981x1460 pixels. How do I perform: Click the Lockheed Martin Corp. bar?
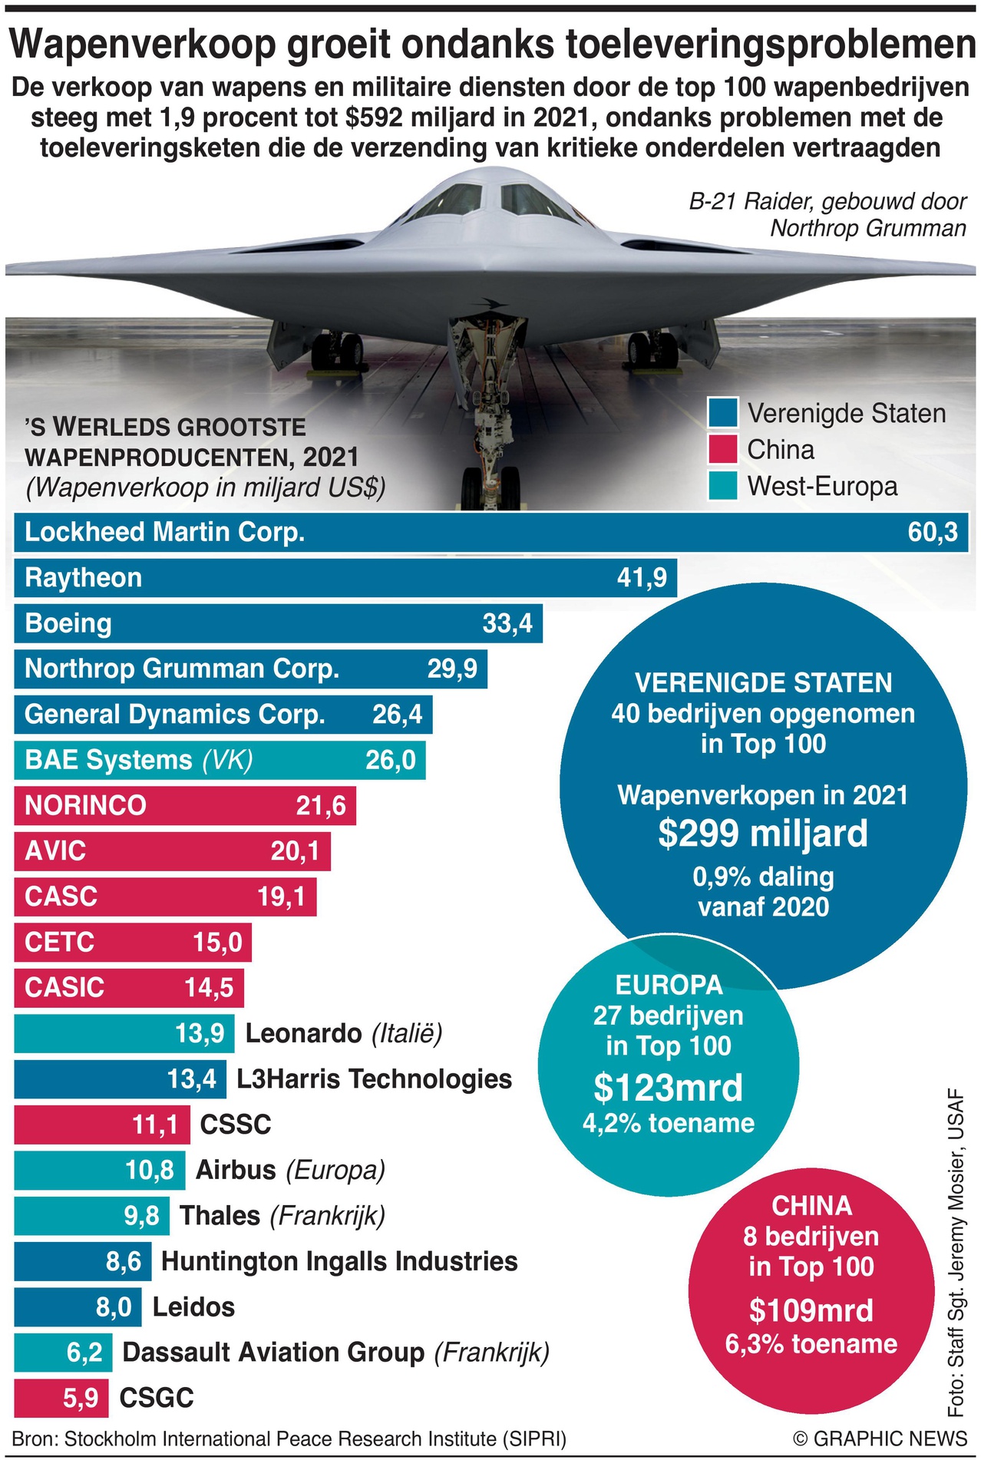(x=491, y=532)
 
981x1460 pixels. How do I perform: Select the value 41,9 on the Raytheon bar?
(x=642, y=577)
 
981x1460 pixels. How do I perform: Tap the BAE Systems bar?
(x=220, y=760)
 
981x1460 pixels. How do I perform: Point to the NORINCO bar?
(x=184, y=805)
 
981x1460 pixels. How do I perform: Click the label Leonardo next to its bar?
(x=303, y=1033)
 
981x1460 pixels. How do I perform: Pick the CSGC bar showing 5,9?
(x=61, y=1398)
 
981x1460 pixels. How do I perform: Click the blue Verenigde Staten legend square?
(x=722, y=412)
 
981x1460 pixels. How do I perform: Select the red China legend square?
(x=722, y=449)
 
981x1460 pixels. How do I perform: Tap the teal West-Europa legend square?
(x=722, y=485)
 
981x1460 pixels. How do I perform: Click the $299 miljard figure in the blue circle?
(x=763, y=834)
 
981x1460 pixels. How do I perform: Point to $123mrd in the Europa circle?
(x=669, y=1088)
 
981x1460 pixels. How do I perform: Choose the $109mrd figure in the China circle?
(x=811, y=1310)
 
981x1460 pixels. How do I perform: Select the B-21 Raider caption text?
(x=827, y=215)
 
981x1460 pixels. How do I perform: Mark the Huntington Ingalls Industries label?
(x=339, y=1261)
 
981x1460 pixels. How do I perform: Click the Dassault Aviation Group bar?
(x=63, y=1353)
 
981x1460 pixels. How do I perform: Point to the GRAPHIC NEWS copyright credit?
(x=880, y=1439)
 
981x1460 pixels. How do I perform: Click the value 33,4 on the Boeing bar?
(x=507, y=623)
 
